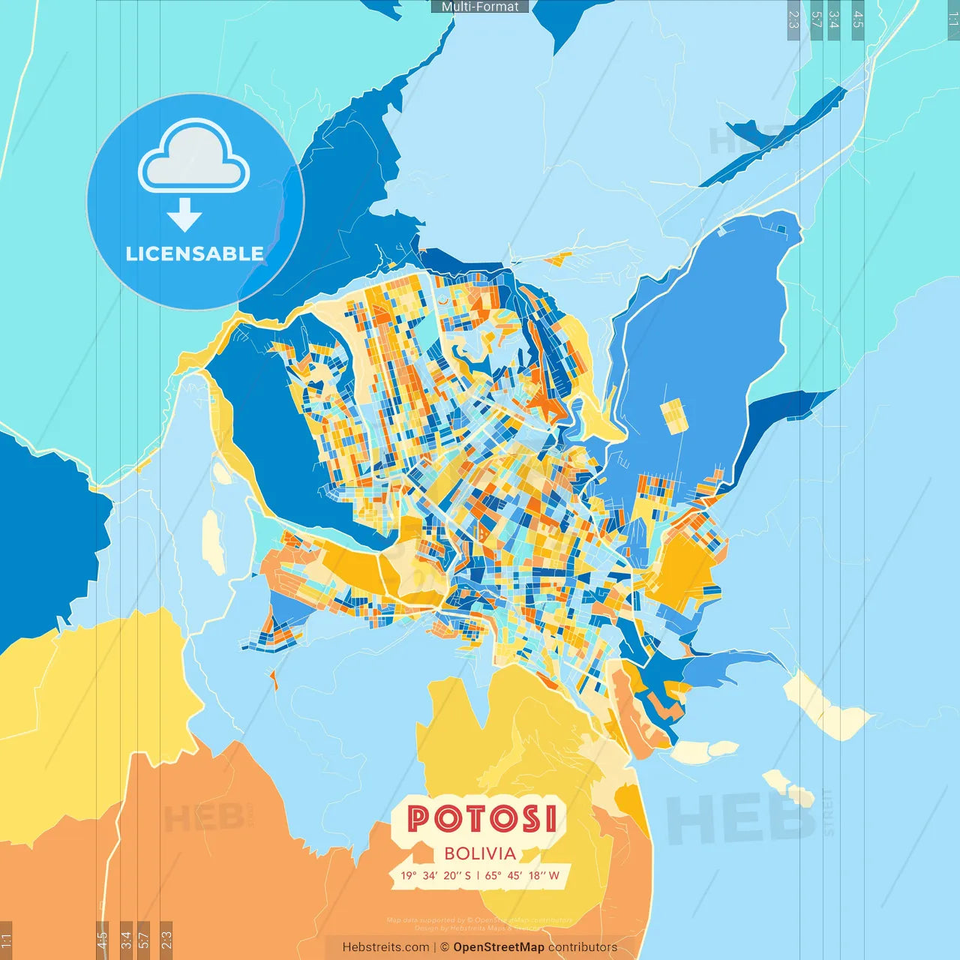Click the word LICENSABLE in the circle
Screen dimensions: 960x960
tap(194, 253)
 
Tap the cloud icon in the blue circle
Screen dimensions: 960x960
tap(193, 157)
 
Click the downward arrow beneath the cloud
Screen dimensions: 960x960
tap(184, 214)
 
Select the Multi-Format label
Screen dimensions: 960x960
tap(480, 7)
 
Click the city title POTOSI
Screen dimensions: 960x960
tap(482, 818)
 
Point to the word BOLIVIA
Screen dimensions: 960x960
tap(480, 853)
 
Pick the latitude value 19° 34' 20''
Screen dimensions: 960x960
tap(429, 875)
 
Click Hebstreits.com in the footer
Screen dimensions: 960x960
tap(385, 947)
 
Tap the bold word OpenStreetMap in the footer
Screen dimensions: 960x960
tap(499, 947)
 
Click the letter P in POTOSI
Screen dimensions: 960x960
tap(418, 818)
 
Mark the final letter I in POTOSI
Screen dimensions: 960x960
tap(551, 818)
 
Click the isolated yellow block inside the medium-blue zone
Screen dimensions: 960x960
tap(673, 416)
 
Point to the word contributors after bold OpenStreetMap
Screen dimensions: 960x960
tap(583, 947)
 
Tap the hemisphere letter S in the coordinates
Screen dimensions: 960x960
tap(467, 875)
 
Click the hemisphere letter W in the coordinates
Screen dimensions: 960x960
tap(553, 875)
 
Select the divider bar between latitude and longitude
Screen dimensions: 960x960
tap(478, 875)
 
